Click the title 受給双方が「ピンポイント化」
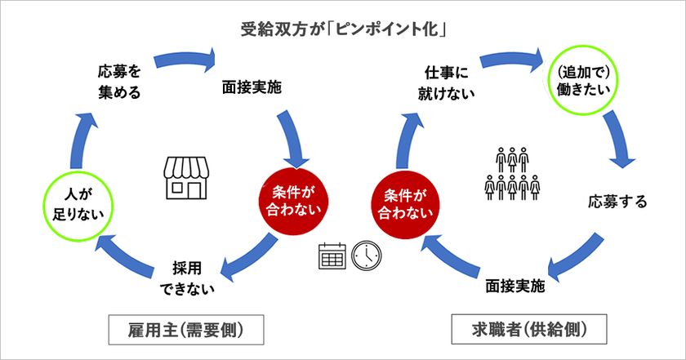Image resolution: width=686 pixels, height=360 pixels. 344,29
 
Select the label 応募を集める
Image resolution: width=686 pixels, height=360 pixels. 119,82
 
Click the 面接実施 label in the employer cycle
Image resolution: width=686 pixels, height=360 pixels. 252,87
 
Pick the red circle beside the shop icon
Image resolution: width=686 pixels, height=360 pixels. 293,201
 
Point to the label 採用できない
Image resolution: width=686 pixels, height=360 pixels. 187,278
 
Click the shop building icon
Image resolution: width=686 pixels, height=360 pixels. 186,179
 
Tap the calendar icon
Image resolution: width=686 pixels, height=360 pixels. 332,256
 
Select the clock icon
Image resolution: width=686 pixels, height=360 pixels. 367,256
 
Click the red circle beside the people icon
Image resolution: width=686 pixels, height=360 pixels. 405,204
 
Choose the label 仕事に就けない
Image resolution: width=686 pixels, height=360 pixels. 446,83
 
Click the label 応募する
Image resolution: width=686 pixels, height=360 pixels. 617,202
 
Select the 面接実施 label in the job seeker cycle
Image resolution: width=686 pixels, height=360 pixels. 515,286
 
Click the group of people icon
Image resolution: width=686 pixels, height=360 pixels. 512,174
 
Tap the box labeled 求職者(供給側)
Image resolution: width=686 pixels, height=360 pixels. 529,329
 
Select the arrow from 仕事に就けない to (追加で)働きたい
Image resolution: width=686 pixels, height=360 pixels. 512,59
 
